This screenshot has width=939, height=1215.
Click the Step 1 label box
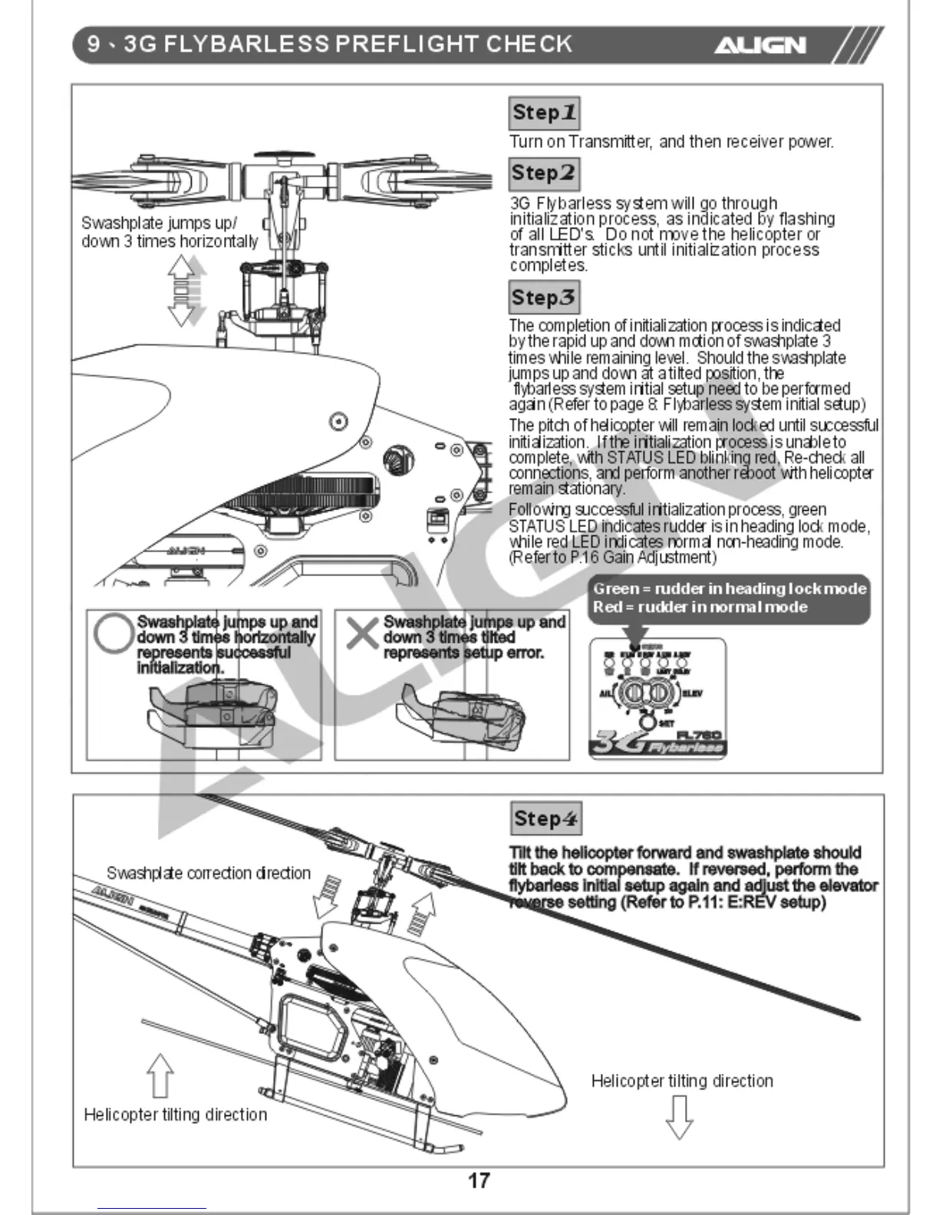tap(543, 113)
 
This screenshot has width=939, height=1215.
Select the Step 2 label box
tap(543, 173)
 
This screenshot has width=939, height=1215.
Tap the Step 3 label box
tap(543, 298)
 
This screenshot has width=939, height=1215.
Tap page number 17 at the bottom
tap(479, 1180)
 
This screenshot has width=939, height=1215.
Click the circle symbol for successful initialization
tap(114, 634)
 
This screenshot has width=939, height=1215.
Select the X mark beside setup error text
tap(362, 633)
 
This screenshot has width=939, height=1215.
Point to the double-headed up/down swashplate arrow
tap(183, 291)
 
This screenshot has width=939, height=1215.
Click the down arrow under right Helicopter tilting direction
tap(679, 1117)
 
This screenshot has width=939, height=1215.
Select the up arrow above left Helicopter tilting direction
tap(160, 1075)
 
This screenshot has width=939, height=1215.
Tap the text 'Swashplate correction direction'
tap(209, 873)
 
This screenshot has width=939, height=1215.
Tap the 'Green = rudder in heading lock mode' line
tap(729, 589)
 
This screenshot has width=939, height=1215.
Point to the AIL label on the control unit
tap(605, 693)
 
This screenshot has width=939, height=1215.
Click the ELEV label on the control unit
tap(692, 693)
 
